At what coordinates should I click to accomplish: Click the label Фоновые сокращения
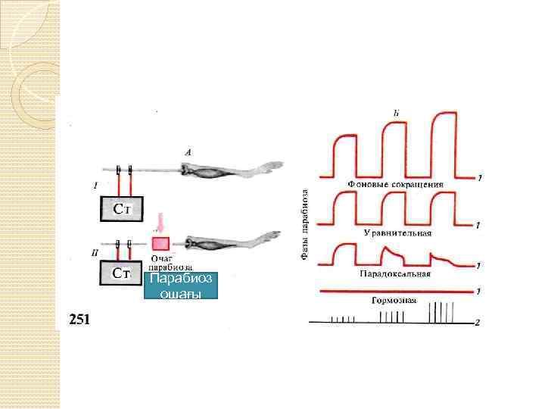[395, 184]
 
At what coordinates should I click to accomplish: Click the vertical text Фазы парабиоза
[305, 225]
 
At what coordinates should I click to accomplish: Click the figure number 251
[79, 319]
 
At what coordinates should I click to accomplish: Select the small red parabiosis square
[161, 244]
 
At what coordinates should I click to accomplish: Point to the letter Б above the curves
[397, 113]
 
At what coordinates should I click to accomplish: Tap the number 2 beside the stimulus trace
[477, 323]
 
